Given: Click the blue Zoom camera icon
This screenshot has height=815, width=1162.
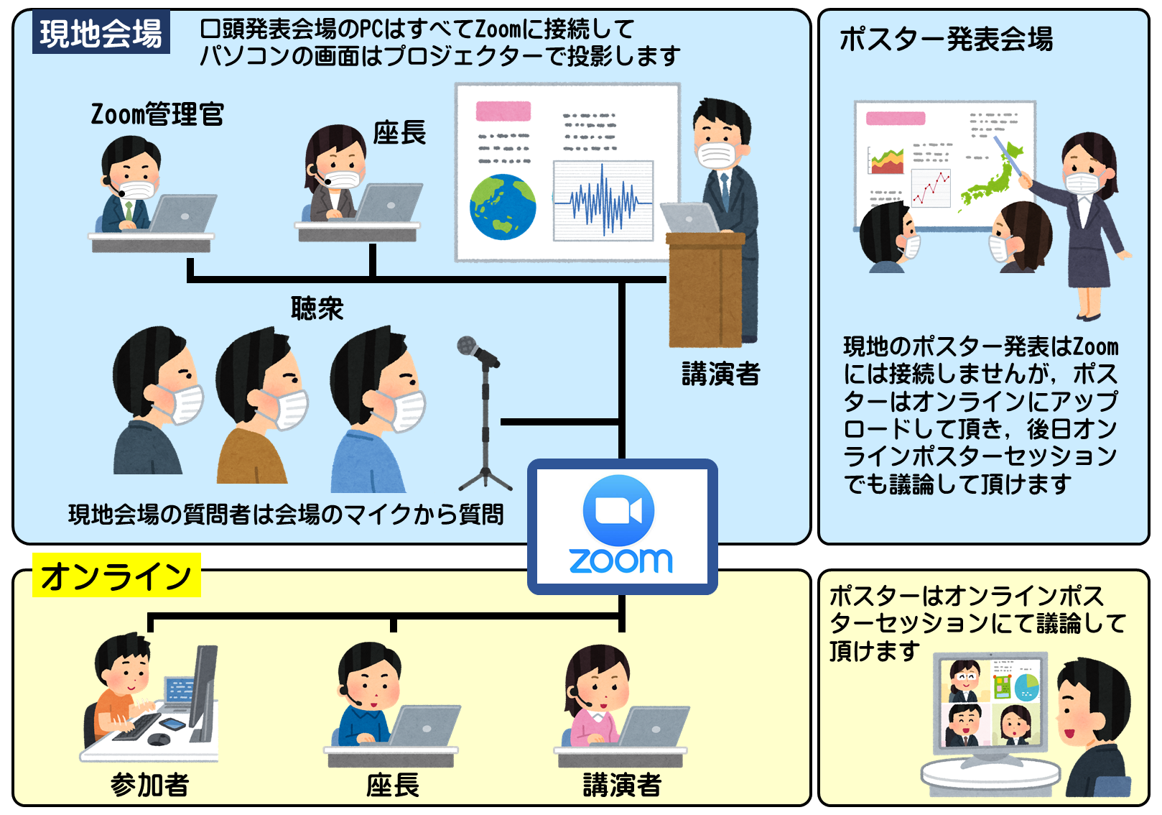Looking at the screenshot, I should [618, 511].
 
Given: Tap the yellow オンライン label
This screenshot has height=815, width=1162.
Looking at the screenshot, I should [116, 576].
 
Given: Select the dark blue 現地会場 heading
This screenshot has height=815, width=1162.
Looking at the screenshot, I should [101, 33].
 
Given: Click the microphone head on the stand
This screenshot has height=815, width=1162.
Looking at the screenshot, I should [468, 346].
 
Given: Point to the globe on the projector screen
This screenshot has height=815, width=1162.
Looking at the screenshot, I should [503, 207].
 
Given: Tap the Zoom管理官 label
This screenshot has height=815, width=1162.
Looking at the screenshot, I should [157, 114].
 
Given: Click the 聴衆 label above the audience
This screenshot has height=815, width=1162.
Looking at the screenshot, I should [317, 308].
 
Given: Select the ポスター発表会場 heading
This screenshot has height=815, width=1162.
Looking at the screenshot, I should [946, 39].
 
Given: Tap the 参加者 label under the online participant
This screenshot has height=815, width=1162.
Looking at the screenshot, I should [149, 785].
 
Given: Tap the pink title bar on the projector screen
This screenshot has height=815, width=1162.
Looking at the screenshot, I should [503, 111].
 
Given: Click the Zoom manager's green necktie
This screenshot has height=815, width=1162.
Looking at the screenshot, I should [129, 212].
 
